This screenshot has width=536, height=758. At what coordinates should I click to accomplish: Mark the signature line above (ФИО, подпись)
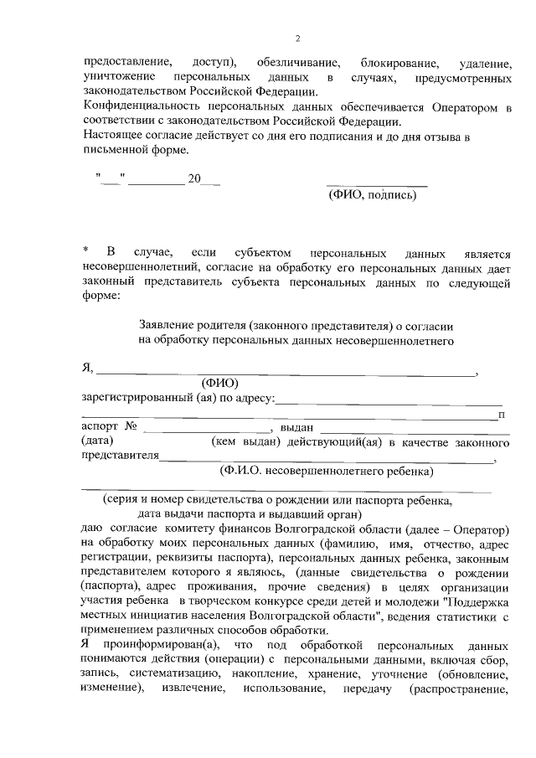click(x=376, y=184)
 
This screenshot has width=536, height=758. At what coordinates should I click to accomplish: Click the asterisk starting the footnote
click(x=85, y=252)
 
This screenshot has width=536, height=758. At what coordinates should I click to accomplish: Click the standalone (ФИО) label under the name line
click(x=219, y=383)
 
